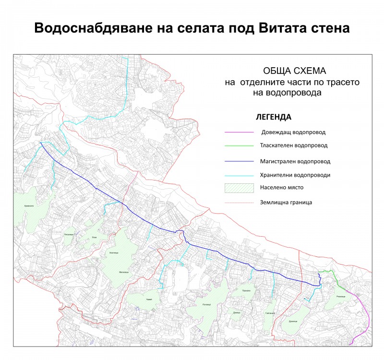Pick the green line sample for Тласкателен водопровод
[x=239, y=145]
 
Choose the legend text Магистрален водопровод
[x=295, y=161]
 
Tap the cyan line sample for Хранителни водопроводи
[x=239, y=175]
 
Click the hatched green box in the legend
[x=239, y=188]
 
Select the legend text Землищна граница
[x=286, y=203]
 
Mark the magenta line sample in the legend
[x=239, y=132]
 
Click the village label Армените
[x=29, y=205]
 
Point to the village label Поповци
[x=207, y=305]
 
